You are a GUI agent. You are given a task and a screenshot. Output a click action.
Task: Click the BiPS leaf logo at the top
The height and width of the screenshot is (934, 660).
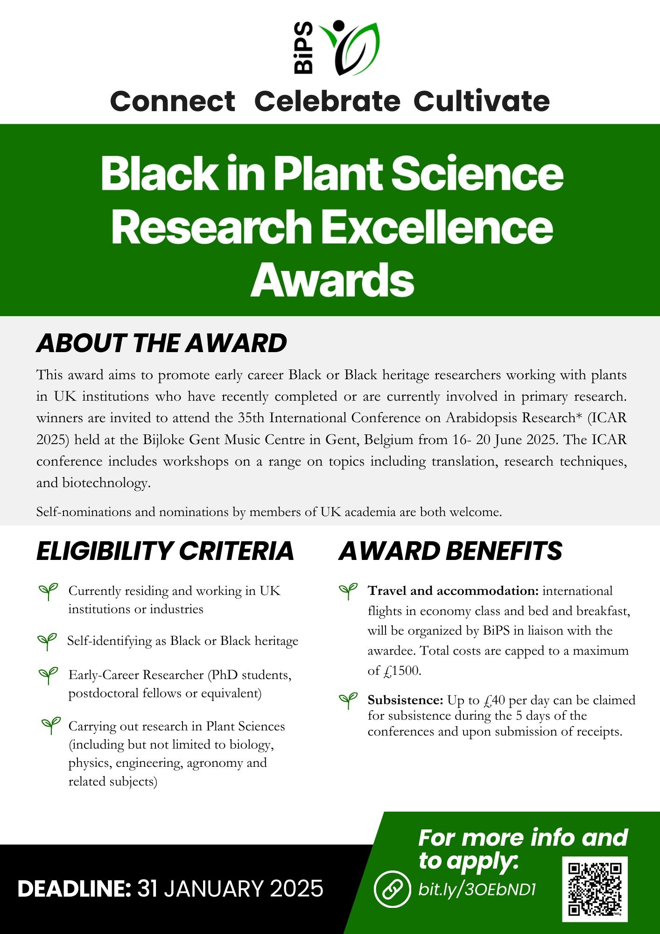tap(336, 47)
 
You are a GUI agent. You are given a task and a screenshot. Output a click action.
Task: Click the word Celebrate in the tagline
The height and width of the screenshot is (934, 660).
tap(327, 101)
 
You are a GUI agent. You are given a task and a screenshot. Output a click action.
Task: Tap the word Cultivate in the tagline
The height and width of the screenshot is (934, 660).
tap(482, 101)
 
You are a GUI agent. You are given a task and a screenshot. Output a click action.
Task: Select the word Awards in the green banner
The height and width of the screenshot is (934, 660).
tap(332, 280)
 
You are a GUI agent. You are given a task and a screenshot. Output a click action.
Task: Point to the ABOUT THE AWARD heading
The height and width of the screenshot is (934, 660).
tap(161, 343)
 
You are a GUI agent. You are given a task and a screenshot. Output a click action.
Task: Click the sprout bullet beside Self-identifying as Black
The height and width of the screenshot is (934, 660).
tap(47, 641)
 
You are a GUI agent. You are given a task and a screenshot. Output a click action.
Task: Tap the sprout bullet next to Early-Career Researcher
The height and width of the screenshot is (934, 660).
tap(48, 675)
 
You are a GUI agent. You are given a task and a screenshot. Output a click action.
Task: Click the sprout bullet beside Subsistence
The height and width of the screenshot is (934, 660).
tap(348, 700)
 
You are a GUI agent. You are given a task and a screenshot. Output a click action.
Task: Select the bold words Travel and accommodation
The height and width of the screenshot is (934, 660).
tap(453, 591)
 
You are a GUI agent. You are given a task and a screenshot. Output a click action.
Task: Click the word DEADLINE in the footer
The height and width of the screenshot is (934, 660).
tap(74, 889)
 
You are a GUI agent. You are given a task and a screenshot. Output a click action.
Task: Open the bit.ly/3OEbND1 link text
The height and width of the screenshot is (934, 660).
tap(477, 890)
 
